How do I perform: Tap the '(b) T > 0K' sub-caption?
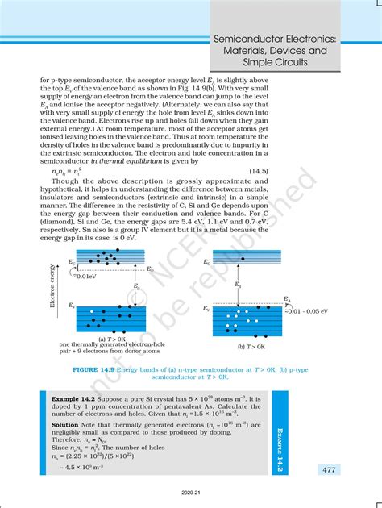pos(253,346)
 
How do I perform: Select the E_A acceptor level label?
pos(287,298)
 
